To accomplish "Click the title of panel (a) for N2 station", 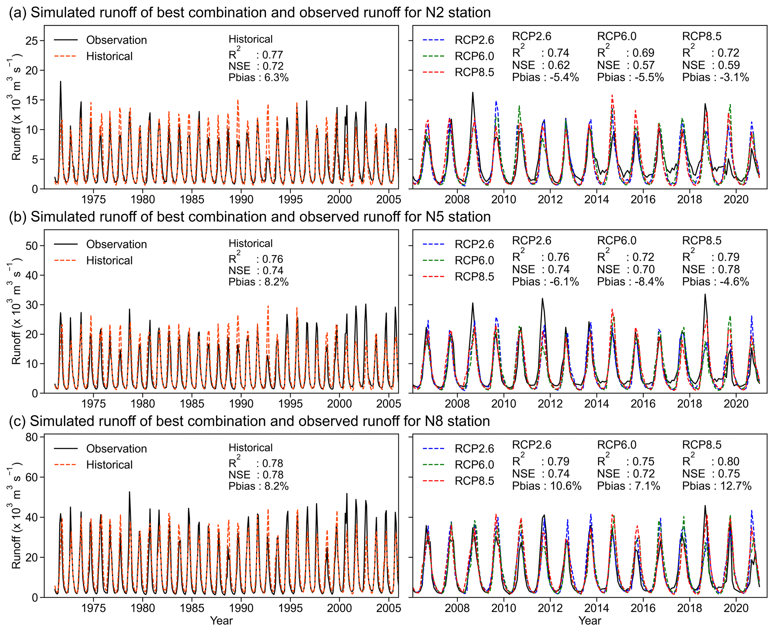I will (x=249, y=13).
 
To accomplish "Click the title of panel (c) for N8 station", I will (x=249, y=421).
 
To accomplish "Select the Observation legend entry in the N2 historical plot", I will (x=116, y=40).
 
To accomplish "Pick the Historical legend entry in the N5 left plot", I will (x=109, y=260).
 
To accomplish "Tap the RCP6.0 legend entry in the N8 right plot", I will (x=474, y=465).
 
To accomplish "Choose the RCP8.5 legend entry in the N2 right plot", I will (x=474, y=72).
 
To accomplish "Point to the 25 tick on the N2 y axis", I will (x=32, y=40).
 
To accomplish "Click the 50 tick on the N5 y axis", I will (x=32, y=246).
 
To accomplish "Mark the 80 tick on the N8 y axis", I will (x=32, y=437).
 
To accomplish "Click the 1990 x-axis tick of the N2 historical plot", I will (x=241, y=199).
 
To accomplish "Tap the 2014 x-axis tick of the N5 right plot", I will (x=597, y=404).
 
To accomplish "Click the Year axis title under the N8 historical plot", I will (x=221, y=621).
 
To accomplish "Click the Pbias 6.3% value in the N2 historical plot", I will (x=258, y=77).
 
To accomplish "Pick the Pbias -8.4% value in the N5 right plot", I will (x=630, y=282).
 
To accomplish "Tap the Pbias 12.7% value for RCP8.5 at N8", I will (x=717, y=486).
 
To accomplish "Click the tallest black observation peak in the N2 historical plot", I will (x=61, y=82).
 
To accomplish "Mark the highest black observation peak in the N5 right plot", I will (x=705, y=294).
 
